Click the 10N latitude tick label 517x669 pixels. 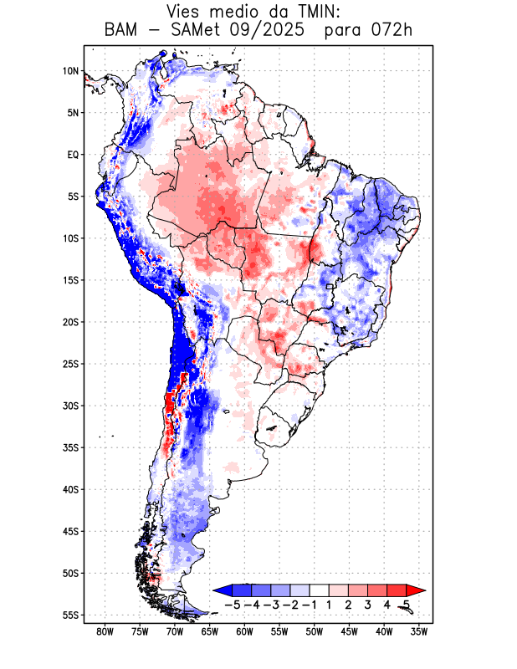pyautogui.click(x=70, y=71)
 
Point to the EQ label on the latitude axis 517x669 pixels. pyautogui.click(x=73, y=155)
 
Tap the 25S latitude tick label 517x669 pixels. pyautogui.click(x=70, y=364)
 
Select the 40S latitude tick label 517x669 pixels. pyautogui.click(x=70, y=489)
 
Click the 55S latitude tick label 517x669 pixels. pyautogui.click(x=70, y=615)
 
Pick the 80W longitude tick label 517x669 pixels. pyautogui.click(x=105, y=631)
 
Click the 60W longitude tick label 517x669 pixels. pyautogui.click(x=244, y=631)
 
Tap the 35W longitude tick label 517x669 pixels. pyautogui.click(x=419, y=631)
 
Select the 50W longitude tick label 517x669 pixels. pyautogui.click(x=314, y=631)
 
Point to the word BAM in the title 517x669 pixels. pyautogui.click(x=123, y=31)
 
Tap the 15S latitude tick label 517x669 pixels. pyautogui.click(x=70, y=280)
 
